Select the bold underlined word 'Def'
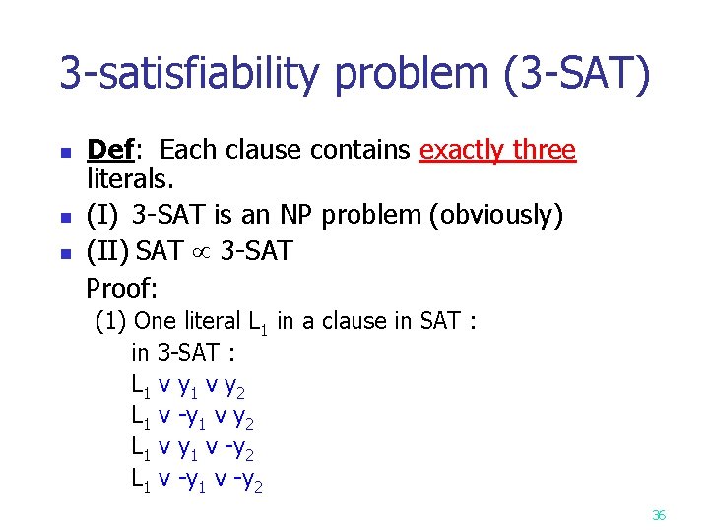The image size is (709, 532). pyautogui.click(x=110, y=150)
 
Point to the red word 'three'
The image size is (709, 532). pyautogui.click(x=545, y=150)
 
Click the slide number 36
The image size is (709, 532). pyautogui.click(x=659, y=514)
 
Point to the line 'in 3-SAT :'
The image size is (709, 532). pyautogui.click(x=182, y=352)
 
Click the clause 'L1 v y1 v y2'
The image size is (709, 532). pyautogui.click(x=188, y=384)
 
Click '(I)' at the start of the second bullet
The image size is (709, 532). pyautogui.click(x=104, y=215)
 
